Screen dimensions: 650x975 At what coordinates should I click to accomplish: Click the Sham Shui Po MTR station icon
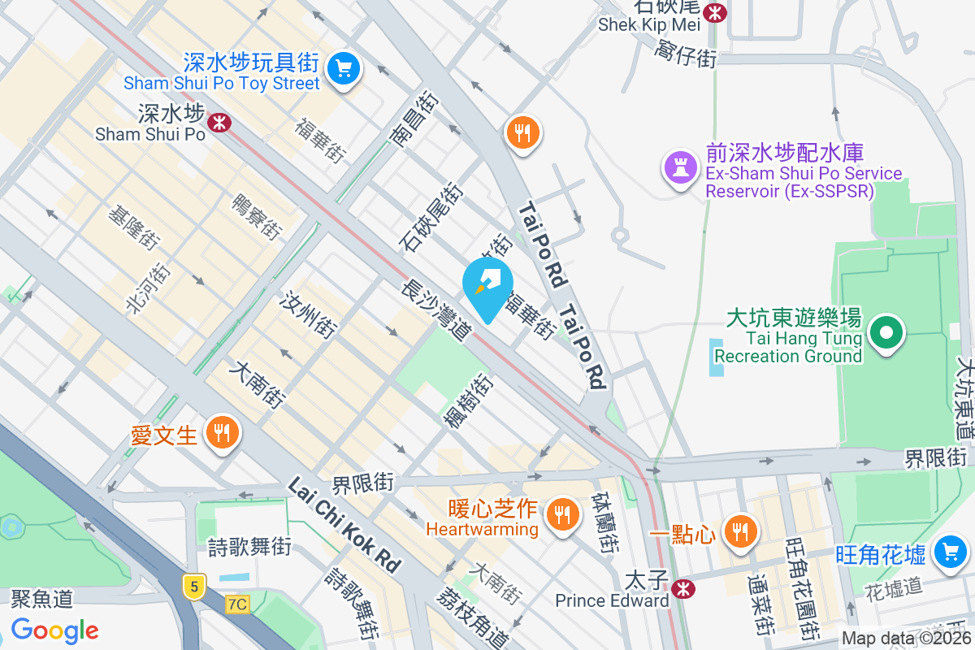[219, 123]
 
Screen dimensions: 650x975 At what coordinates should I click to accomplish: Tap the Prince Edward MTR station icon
[683, 586]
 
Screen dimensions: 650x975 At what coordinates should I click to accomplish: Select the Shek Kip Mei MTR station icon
[715, 11]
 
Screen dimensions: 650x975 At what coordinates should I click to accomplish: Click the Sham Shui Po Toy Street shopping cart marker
[344, 68]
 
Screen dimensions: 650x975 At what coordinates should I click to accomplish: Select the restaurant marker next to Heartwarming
[561, 513]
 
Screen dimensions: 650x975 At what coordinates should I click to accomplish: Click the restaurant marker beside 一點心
[739, 531]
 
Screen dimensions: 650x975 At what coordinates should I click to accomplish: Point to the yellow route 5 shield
[193, 586]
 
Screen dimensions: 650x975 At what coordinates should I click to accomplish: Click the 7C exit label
[237, 604]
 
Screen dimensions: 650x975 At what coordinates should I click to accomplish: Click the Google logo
[54, 630]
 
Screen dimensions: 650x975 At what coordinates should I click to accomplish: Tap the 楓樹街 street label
[467, 399]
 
